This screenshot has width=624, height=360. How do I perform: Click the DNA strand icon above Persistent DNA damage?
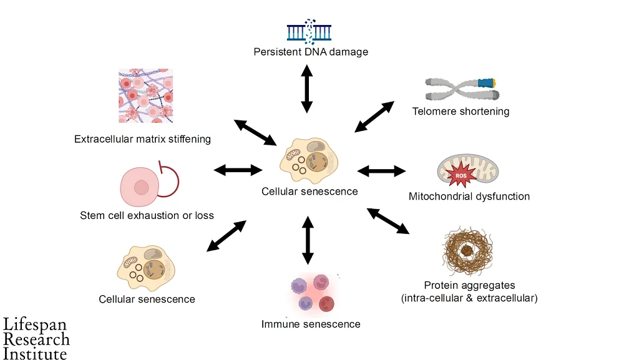click(309, 31)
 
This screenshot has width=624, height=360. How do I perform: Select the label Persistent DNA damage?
click(311, 52)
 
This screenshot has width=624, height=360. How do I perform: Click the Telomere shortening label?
click(461, 112)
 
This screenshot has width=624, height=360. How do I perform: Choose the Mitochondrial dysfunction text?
click(469, 197)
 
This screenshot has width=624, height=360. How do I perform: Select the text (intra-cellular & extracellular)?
click(469, 298)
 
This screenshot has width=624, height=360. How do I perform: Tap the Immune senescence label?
click(311, 324)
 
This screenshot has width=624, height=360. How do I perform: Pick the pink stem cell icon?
click(142, 187)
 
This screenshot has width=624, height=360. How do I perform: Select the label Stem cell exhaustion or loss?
click(147, 216)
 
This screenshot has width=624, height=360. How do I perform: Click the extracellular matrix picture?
click(145, 96)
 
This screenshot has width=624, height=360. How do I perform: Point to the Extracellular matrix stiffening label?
click(142, 139)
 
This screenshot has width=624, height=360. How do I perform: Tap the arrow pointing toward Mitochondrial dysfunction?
click(382, 170)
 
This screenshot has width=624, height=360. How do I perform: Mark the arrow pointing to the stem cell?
click(238, 170)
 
